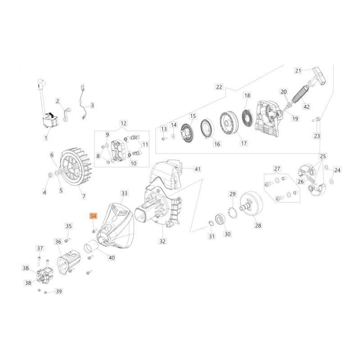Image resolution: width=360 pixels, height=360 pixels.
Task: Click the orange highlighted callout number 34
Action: click(x=93, y=216)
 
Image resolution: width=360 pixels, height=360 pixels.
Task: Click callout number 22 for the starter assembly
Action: click(x=219, y=87)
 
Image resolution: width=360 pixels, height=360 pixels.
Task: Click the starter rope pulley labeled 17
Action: click(x=229, y=124)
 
